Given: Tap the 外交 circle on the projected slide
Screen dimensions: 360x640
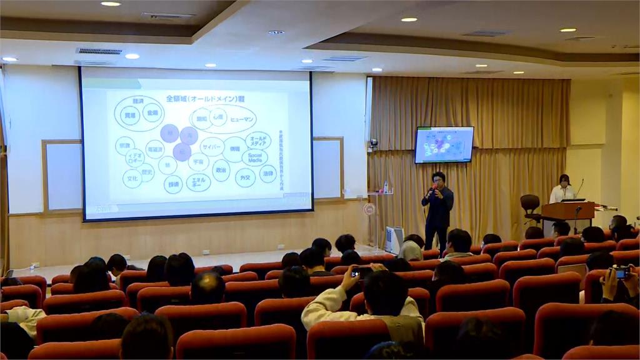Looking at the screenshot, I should coord(245,177).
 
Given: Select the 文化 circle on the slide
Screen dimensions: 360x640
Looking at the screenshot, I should coord(132,179).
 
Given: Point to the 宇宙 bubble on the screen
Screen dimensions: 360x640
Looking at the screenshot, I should coord(199,162).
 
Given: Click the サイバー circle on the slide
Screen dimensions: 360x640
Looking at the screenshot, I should coord(212,147).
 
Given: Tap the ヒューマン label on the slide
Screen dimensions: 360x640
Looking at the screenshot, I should coord(242,119).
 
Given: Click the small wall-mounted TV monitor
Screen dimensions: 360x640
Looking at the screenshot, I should coord(444,144).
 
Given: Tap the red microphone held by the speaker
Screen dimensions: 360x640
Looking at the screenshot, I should coord(432,187).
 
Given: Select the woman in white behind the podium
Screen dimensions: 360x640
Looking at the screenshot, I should coord(562,189).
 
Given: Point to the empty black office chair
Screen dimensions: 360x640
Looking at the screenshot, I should coord(530,207).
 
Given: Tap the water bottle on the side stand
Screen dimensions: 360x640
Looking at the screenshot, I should coord(386,187).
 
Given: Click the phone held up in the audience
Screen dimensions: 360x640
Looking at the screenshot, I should coord(361,272).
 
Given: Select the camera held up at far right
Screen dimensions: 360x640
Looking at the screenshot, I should coord(620,272).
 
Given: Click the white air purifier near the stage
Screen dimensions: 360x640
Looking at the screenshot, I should coord(394,239).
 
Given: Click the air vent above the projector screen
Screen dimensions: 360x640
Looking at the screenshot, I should coord(99,51).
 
